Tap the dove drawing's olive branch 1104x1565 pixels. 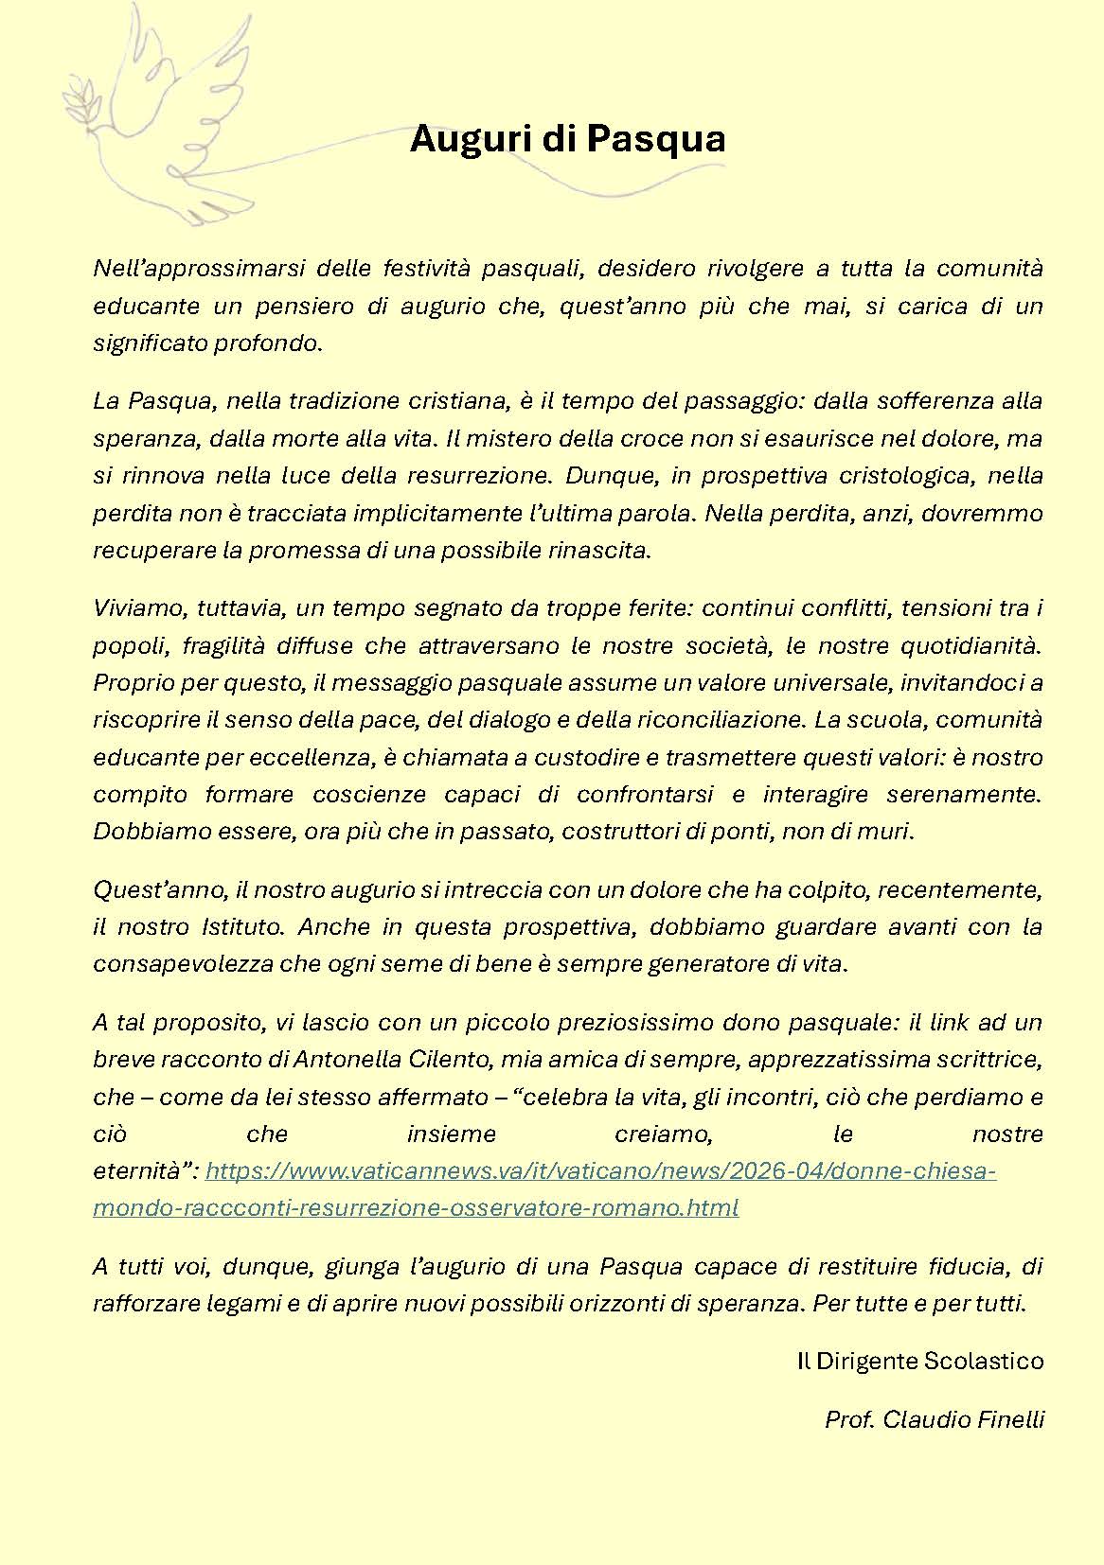(81, 101)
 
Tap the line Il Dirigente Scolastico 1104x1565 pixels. (919, 1362)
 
